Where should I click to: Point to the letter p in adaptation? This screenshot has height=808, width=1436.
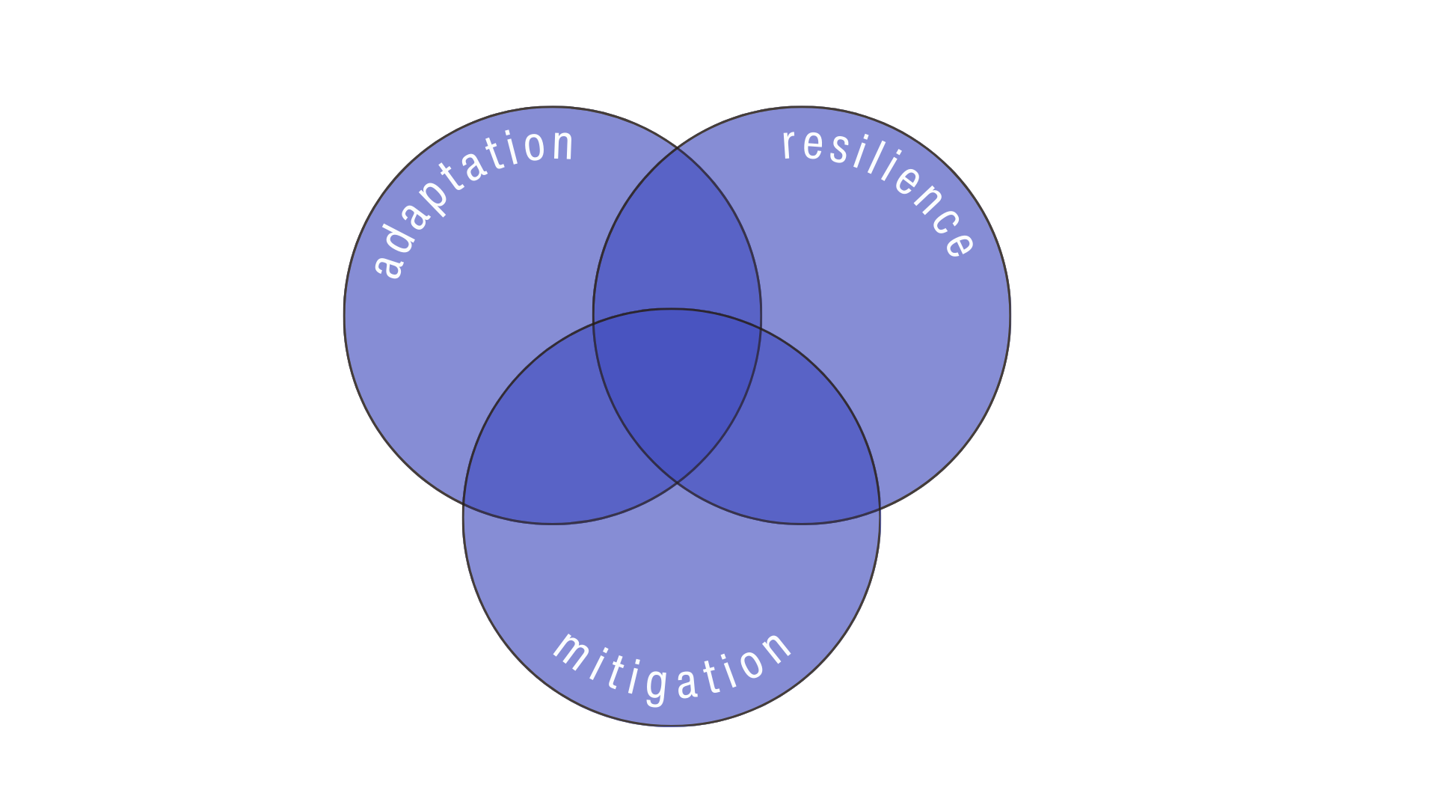[x=432, y=202]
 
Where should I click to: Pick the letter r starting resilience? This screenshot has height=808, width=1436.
[x=788, y=143]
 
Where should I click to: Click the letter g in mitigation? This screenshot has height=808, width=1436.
[x=657, y=685]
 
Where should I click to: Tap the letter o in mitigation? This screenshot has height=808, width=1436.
[x=749, y=661]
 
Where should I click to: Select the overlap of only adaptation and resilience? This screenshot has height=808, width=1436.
[x=677, y=239]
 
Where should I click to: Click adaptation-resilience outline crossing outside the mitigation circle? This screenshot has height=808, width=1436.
[x=678, y=147]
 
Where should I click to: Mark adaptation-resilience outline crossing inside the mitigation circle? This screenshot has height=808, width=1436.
[x=678, y=483]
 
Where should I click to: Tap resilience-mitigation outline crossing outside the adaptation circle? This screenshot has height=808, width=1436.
[x=879, y=509]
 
